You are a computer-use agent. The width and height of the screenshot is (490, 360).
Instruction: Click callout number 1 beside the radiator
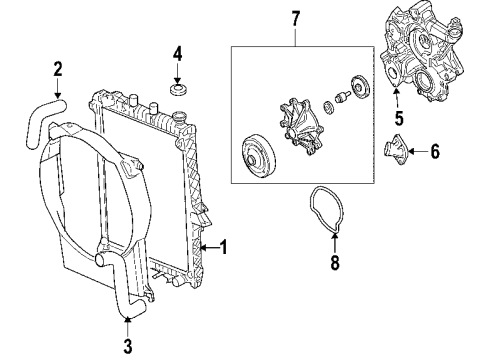224,245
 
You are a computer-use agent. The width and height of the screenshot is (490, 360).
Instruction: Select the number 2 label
57,69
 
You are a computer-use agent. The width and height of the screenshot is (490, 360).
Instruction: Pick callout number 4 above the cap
176,52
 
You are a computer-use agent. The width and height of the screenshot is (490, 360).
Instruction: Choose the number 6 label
434,152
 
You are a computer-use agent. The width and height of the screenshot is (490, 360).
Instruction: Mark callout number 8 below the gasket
335,264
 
